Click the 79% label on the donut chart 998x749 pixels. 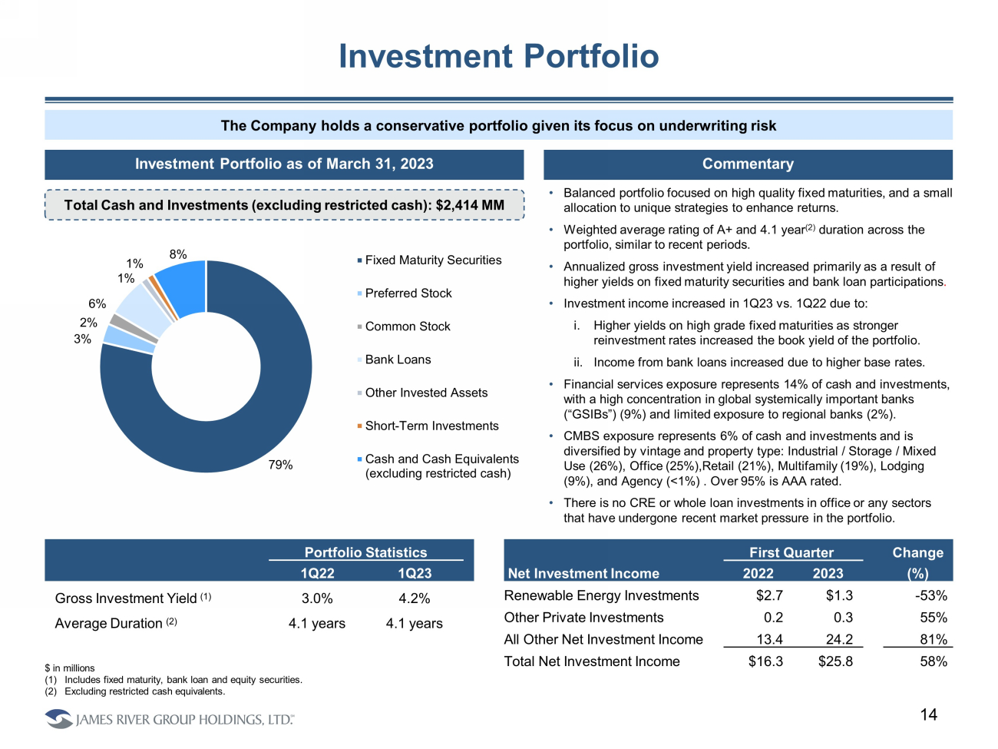280,465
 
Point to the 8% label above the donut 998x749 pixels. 178,254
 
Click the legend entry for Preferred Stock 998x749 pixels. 408,293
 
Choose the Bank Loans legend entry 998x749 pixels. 398,360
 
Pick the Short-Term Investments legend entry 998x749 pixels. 431,426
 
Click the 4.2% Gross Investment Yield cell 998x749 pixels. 415,598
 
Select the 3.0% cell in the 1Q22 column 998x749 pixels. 317,598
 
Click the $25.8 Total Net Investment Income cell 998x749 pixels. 835,661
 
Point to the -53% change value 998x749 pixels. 931,595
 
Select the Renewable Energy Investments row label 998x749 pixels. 601,595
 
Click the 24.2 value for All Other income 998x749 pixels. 839,639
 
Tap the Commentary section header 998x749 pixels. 748,164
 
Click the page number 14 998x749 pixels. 929,714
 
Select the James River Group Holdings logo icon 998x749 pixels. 58,719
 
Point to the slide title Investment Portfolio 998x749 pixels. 499,56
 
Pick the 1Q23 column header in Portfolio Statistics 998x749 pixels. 415,573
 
